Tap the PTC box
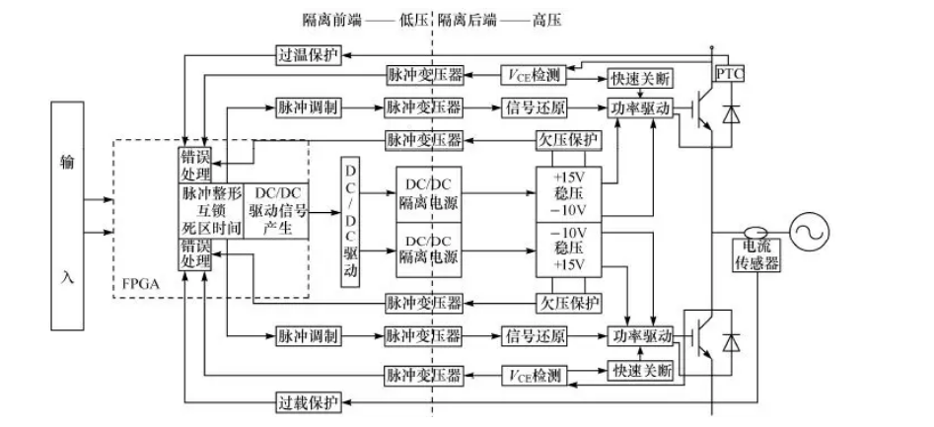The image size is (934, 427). pos(729,75)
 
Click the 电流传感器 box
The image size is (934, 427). pos(757,255)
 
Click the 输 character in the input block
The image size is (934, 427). pos(67,161)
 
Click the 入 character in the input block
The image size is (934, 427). pos(67,277)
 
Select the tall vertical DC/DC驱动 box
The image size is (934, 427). pos(350,222)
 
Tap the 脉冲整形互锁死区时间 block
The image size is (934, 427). pos(210,211)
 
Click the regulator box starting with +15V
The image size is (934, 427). pos(566,193)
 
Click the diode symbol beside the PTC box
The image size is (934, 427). pos(730,114)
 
